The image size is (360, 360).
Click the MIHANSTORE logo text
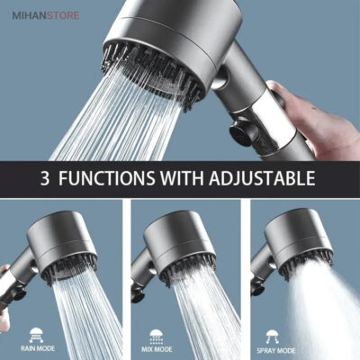(46, 15)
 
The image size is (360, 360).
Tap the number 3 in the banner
(45, 178)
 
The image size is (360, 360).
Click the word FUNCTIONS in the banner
(107, 178)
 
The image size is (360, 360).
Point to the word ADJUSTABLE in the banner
(262, 178)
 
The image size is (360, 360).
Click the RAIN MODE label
(38, 348)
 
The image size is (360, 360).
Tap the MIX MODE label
(157, 349)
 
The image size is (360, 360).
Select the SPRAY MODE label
(276, 350)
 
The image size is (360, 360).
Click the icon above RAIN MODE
(36, 336)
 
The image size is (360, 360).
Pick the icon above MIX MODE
(156, 337)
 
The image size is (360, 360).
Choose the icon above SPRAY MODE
(272, 337)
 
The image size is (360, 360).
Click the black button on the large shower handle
(244, 132)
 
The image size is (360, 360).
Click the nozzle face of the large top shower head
(154, 72)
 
